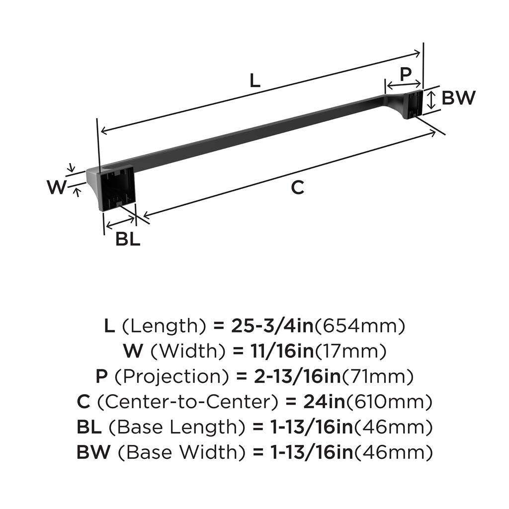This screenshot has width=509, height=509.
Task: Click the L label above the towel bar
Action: (x=255, y=81)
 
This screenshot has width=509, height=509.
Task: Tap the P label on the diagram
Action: (x=406, y=75)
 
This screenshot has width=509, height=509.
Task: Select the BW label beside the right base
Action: (x=458, y=98)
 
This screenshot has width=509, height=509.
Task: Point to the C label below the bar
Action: (x=297, y=187)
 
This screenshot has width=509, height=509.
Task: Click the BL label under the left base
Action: (x=128, y=239)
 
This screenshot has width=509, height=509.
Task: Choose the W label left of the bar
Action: (x=57, y=187)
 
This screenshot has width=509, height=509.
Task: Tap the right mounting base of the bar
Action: (x=413, y=105)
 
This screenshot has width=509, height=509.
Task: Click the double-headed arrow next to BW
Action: (x=431, y=100)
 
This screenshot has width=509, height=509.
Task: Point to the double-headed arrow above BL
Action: (x=120, y=222)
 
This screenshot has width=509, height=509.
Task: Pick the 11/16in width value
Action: (x=282, y=351)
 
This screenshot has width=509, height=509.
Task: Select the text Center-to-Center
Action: (x=188, y=402)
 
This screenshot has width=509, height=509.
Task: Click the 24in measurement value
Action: (x=324, y=402)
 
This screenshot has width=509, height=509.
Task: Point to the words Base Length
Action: (x=176, y=427)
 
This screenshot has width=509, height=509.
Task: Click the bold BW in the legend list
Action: (x=93, y=452)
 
